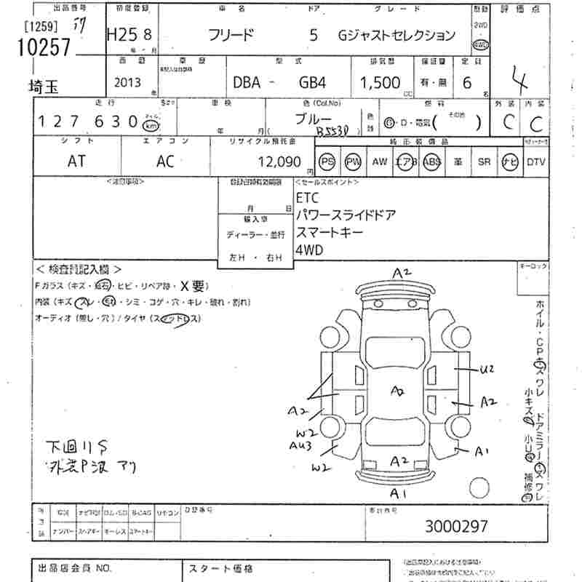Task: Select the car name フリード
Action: [x=231, y=34]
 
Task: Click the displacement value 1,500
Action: [x=380, y=83]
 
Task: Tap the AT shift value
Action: [x=76, y=162]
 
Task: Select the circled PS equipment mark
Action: [x=327, y=162]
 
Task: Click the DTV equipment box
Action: [x=535, y=162]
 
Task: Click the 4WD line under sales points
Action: [x=309, y=250]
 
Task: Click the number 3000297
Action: [x=456, y=525]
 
